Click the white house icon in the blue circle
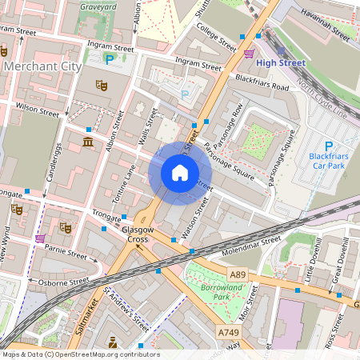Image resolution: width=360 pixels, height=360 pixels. [180, 172]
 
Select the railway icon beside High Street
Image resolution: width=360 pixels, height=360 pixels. [250, 54]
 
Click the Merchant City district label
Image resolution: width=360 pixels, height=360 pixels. [42, 66]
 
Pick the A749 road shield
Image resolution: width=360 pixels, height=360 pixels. [227, 331]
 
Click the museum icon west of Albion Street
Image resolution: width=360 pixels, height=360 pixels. [87, 142]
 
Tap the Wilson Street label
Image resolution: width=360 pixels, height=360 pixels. [37, 110]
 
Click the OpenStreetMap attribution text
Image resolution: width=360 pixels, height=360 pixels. [80, 354]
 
